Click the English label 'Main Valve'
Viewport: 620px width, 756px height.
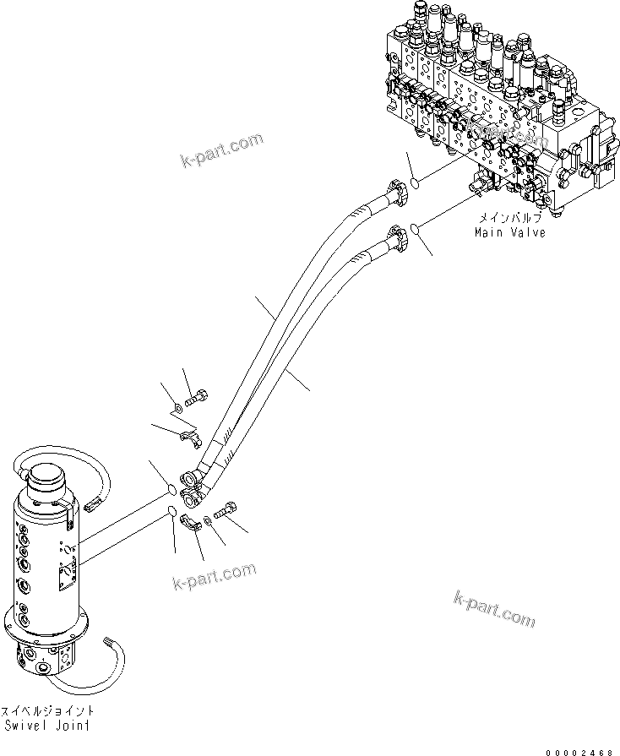coord(509,232)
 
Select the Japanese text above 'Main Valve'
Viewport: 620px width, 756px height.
coord(509,219)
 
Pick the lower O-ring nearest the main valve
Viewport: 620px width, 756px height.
coord(418,226)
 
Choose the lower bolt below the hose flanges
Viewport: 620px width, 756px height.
coord(228,510)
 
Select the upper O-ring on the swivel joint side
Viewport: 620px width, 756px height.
coord(171,489)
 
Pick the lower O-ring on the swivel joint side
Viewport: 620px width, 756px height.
coord(171,510)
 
